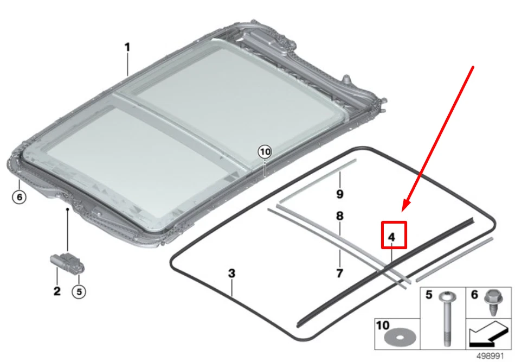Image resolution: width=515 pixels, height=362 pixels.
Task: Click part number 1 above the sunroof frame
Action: [127, 47]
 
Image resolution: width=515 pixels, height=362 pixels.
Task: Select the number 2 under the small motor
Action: [57, 291]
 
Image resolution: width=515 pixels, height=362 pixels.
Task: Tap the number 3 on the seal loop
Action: [231, 274]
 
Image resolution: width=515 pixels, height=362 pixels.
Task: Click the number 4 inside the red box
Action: [391, 237]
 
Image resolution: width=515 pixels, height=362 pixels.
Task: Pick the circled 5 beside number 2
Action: [79, 291]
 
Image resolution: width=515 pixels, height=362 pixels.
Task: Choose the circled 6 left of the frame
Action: [19, 197]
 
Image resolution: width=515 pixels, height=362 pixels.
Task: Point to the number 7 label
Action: [339, 273]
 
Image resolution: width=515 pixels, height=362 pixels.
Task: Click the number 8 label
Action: [340, 216]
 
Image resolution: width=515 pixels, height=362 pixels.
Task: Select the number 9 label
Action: [340, 194]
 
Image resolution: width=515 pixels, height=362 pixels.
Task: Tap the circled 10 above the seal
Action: [264, 152]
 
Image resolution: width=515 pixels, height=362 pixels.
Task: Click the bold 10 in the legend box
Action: [382, 326]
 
